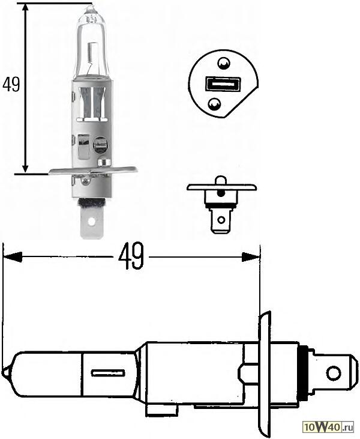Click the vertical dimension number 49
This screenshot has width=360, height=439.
[x=11, y=85]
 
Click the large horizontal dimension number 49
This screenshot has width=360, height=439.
[x=131, y=256]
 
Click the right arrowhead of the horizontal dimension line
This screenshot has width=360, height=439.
[x=252, y=257]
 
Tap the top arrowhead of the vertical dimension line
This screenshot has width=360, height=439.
[x=26, y=8]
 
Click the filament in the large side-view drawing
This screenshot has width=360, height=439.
[x=108, y=373]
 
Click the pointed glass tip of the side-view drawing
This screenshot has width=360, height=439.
[x=5, y=373]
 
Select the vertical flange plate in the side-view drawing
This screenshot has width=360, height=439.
[x=265, y=372]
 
